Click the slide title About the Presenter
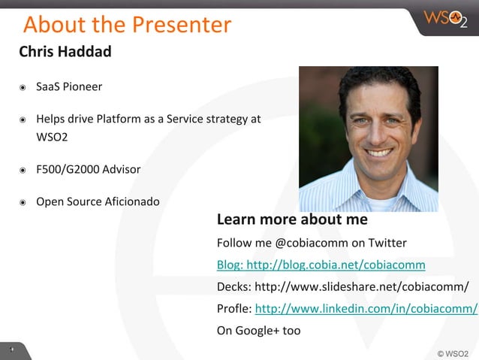(127, 25)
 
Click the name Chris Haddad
(65, 52)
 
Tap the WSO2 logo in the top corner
(445, 18)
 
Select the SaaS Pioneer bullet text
(69, 86)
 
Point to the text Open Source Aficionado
(98, 201)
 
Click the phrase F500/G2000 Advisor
(88, 169)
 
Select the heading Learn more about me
(292, 219)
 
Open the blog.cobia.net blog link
(321, 265)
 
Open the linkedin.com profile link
(366, 308)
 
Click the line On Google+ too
(258, 330)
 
